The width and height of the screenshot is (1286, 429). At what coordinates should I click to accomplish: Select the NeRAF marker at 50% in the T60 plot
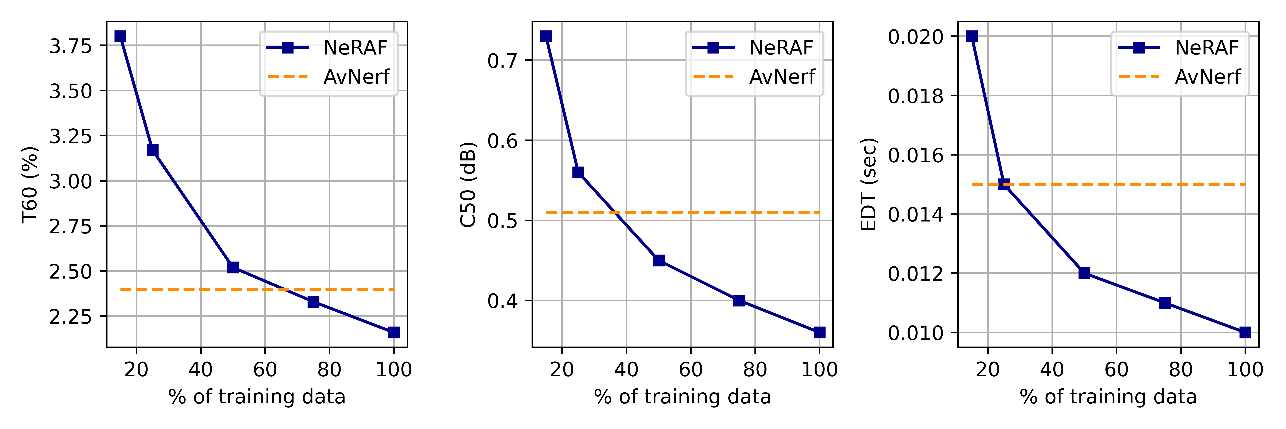[233, 267]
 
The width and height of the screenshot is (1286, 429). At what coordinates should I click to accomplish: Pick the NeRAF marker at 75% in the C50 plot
[739, 300]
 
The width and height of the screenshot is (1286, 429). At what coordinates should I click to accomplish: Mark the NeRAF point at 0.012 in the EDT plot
[1084, 273]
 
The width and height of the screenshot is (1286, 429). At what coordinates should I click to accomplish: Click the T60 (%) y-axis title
[30, 184]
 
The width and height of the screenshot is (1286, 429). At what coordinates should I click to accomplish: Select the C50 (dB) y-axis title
[468, 184]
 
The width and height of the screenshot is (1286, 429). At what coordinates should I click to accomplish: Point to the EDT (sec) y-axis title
[869, 184]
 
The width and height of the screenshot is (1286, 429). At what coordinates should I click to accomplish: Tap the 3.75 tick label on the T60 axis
[70, 46]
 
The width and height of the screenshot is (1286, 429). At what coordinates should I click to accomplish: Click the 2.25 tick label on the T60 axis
[70, 317]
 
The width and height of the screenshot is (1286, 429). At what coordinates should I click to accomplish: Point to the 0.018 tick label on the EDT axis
[916, 96]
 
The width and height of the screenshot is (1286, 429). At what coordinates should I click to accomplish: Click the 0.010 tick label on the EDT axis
[916, 333]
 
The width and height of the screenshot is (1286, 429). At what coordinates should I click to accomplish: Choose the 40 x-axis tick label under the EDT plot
[1052, 370]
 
